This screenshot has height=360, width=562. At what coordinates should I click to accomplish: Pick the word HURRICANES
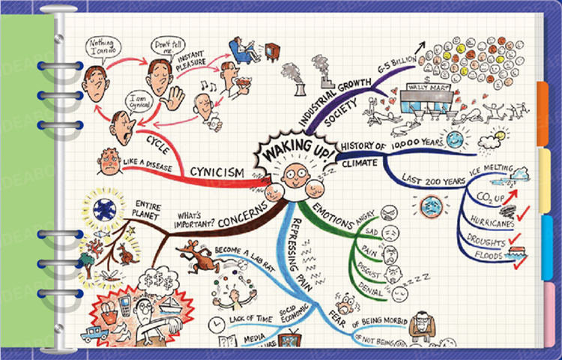tap(491, 220)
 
